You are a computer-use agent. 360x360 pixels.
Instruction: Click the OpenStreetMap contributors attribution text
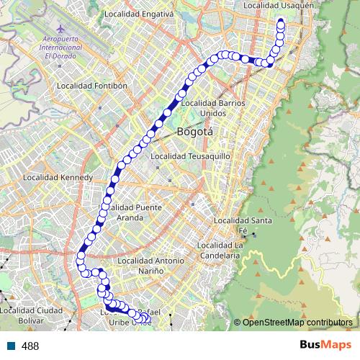click(297, 323)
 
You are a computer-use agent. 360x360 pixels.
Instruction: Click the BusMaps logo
click(320, 346)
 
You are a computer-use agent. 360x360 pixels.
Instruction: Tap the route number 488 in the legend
click(30, 346)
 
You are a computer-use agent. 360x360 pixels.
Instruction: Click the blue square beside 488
click(11, 346)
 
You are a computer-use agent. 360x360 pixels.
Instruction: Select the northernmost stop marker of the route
click(280, 22)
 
